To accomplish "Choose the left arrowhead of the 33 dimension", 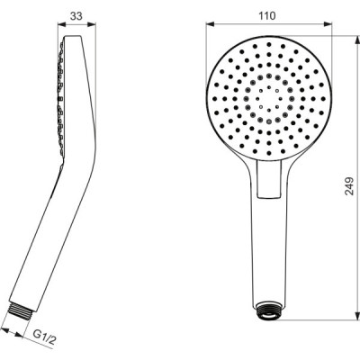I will click(x=59, y=25).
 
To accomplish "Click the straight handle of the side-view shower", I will click(x=45, y=234).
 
